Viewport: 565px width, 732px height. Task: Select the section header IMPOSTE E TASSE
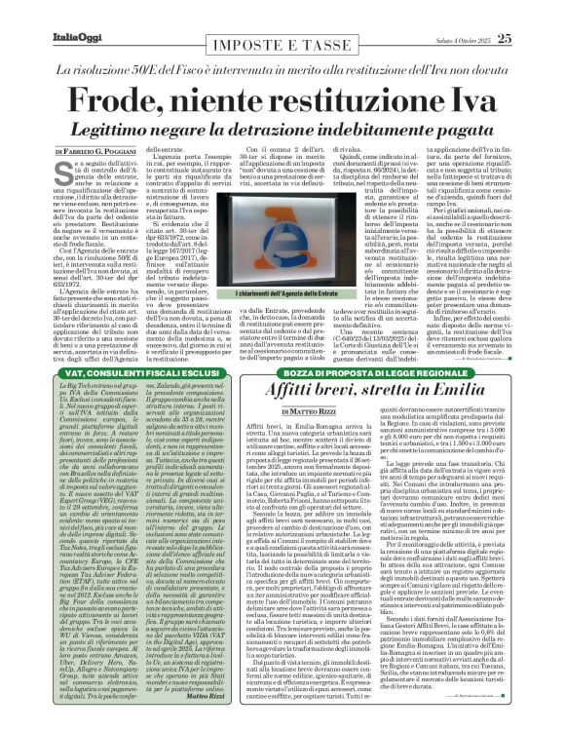tap(282, 16)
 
